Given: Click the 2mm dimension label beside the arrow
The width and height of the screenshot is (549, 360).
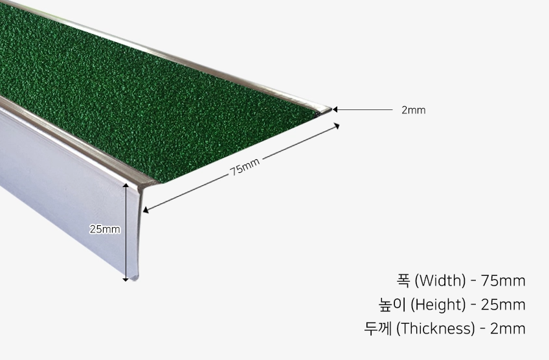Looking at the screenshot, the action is (x=413, y=110).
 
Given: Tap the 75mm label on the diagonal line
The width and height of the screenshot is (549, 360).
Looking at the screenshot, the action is (x=245, y=166).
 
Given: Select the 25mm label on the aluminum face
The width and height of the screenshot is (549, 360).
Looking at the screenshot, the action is (x=105, y=229).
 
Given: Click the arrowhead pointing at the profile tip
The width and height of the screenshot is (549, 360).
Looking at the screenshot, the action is (x=335, y=109).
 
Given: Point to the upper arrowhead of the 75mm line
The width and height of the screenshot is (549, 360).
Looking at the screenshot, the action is (x=337, y=126).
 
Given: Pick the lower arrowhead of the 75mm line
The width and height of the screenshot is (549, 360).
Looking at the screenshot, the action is (x=146, y=210).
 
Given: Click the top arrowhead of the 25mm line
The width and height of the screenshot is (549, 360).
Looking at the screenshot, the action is (x=126, y=185).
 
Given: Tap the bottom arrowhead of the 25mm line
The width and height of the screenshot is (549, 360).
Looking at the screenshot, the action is (x=126, y=279).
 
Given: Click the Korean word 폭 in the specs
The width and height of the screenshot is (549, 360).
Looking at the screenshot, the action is (x=403, y=280).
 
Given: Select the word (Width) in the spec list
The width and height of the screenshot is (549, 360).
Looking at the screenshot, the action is (x=440, y=281).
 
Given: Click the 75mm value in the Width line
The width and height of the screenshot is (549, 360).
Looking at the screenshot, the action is (x=503, y=281).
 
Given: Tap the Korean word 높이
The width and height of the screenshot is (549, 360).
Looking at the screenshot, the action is (x=392, y=305).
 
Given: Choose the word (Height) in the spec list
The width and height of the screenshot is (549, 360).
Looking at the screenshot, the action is (x=438, y=305).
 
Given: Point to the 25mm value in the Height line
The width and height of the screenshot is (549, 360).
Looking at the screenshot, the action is (x=503, y=305).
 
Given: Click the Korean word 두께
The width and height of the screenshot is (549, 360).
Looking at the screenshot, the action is (x=378, y=328).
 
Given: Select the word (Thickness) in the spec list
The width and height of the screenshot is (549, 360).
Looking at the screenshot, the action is (x=436, y=328).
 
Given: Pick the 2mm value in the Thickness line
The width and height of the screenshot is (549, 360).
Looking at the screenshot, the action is (x=508, y=328).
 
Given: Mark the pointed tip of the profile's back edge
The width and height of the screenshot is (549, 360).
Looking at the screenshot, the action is (x=330, y=109).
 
